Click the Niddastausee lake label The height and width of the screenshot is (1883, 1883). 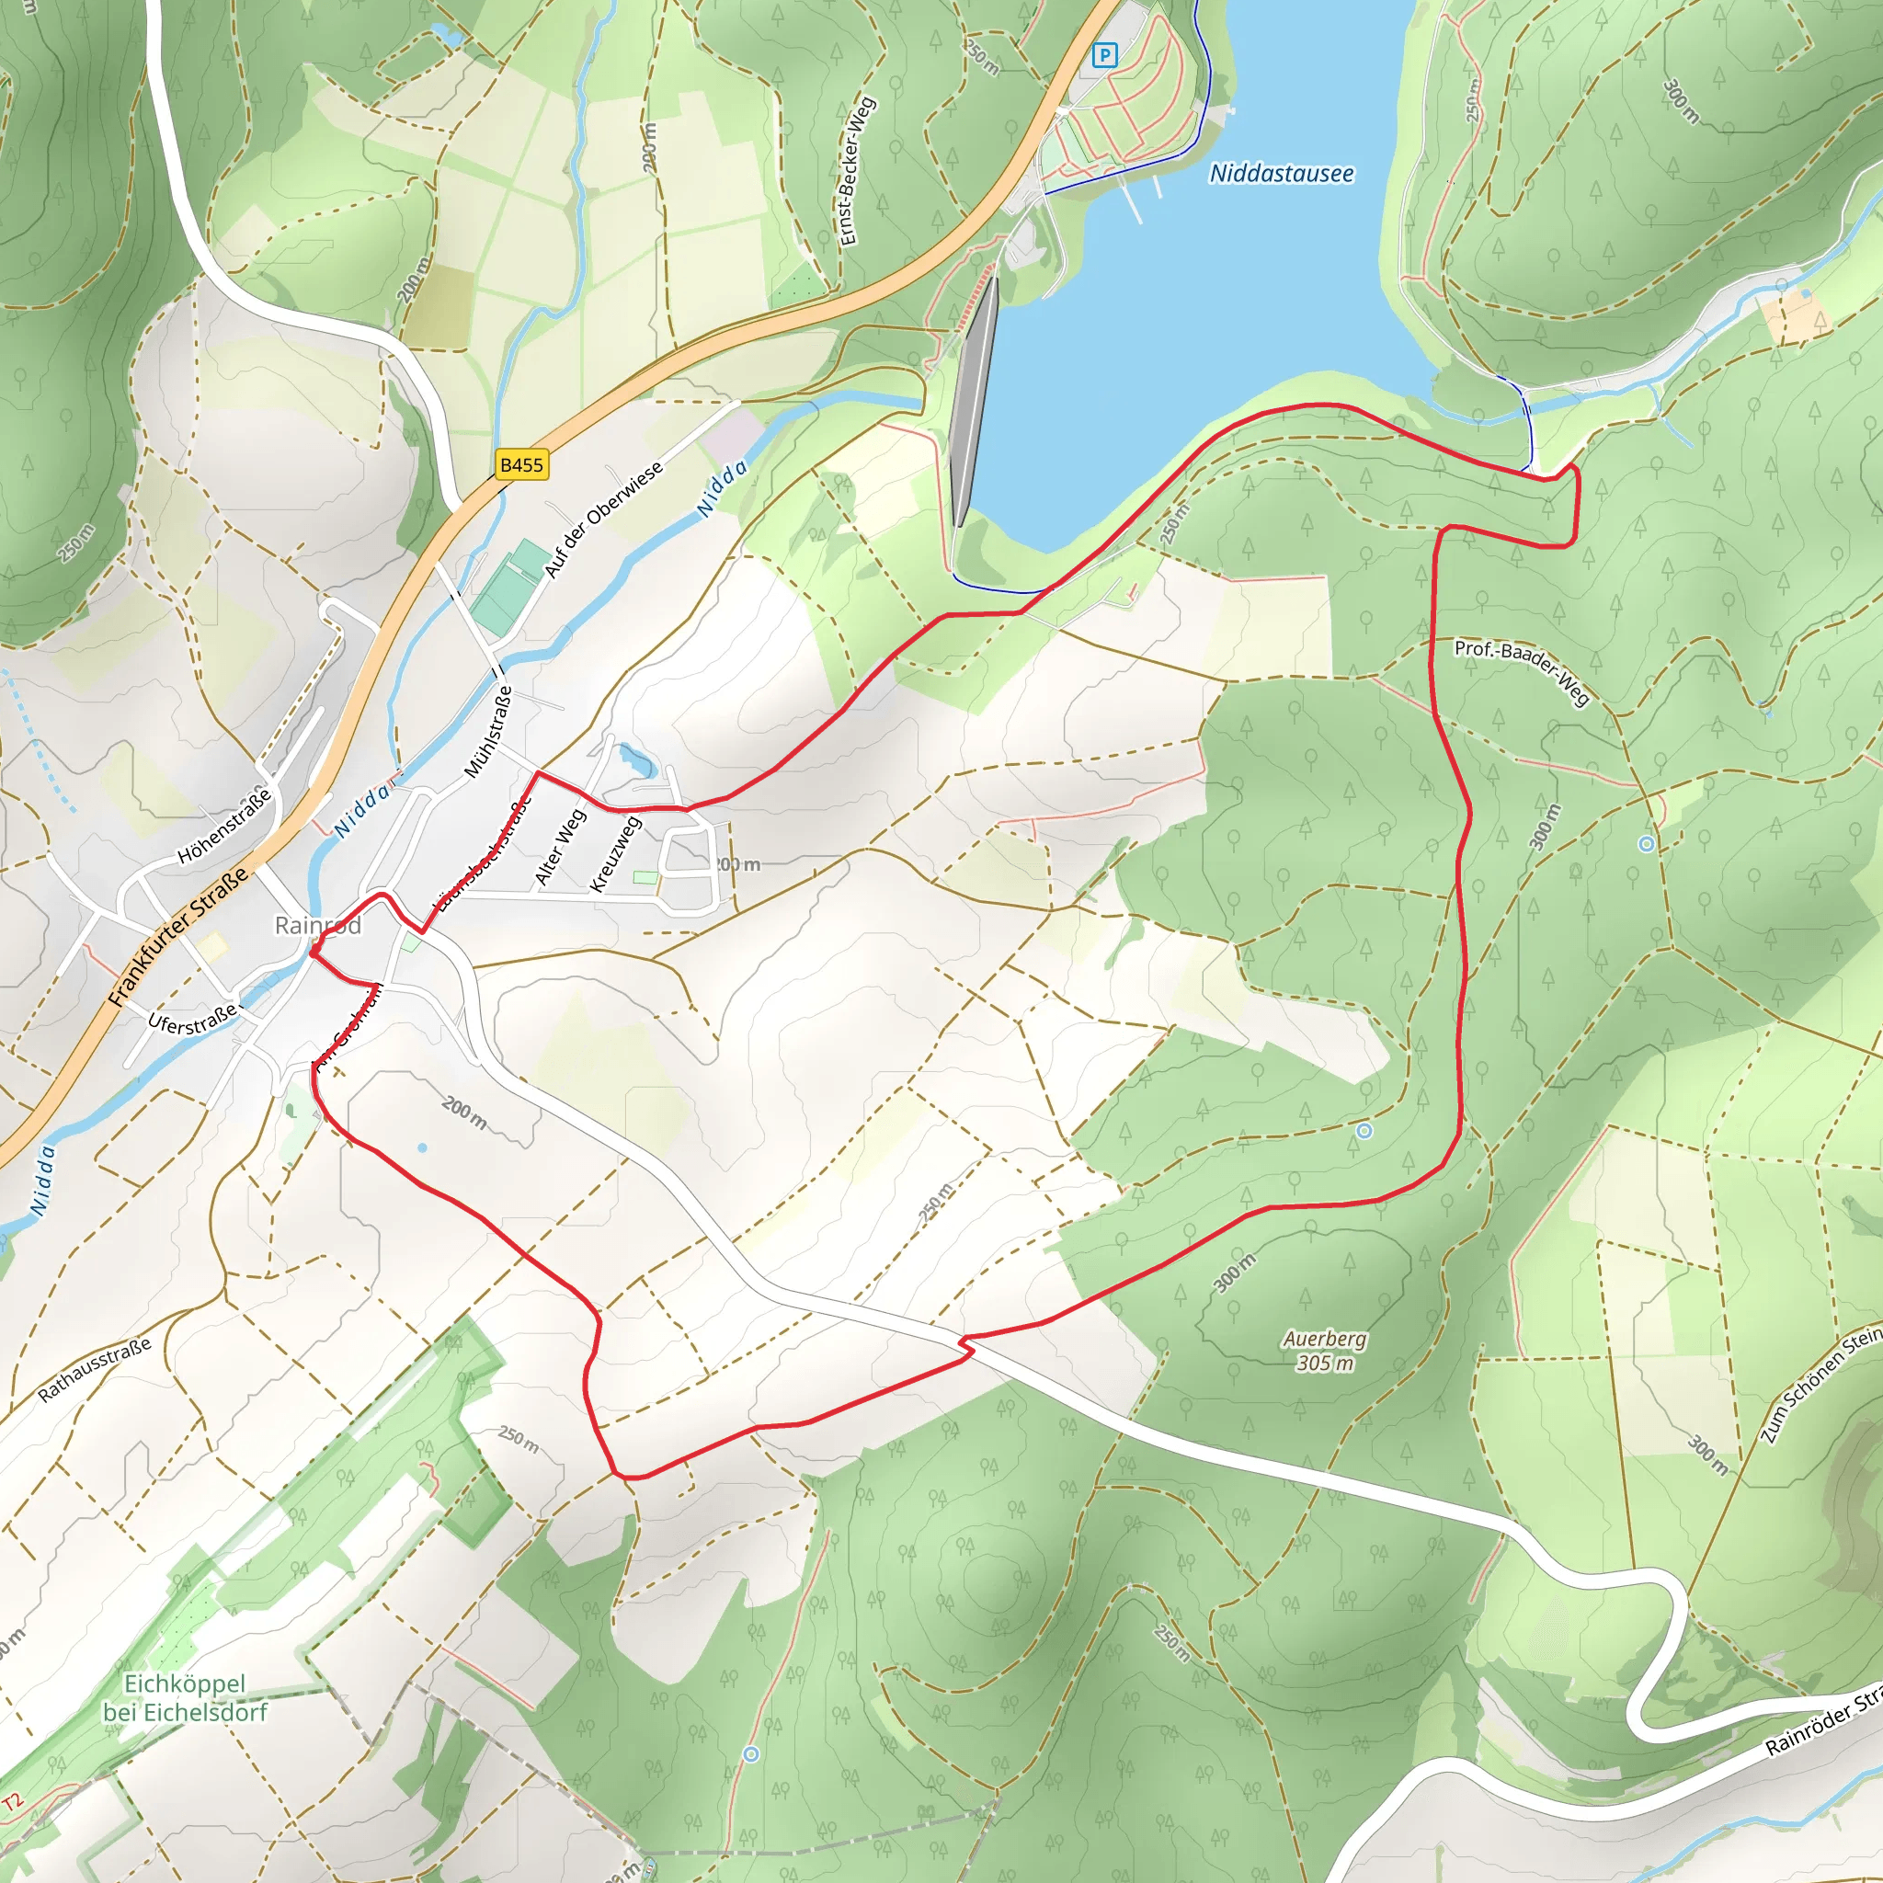click(x=1281, y=174)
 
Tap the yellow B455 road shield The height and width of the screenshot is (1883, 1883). click(x=521, y=465)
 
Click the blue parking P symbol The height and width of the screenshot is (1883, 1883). click(x=1104, y=54)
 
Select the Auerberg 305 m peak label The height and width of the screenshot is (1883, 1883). click(x=1324, y=1351)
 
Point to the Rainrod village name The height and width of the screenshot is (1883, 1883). click(x=318, y=925)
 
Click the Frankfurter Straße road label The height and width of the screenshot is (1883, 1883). click(x=178, y=937)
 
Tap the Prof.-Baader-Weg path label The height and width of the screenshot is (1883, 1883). click(x=1523, y=671)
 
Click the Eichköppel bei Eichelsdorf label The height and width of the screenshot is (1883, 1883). click(x=184, y=1697)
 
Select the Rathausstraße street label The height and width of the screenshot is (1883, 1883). click(x=95, y=1369)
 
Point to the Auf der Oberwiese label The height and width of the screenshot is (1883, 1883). click(x=603, y=519)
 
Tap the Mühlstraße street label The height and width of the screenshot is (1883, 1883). click(x=487, y=731)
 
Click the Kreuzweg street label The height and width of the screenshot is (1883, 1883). click(x=616, y=854)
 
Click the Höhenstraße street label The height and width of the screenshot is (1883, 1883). click(x=224, y=826)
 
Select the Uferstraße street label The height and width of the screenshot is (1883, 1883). click(x=192, y=1021)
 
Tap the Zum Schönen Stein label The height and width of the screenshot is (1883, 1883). click(x=1820, y=1383)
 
